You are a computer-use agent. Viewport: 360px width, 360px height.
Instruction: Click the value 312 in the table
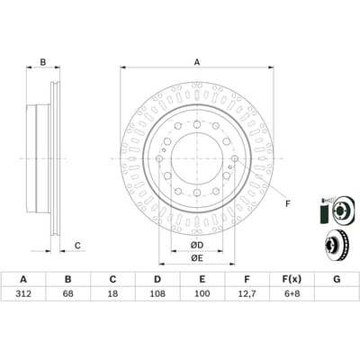(x=23, y=293)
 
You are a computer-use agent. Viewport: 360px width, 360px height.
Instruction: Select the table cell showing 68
(x=68, y=293)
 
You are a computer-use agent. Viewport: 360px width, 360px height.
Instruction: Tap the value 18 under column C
(x=112, y=293)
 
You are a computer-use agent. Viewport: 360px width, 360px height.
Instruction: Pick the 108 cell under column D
(x=157, y=293)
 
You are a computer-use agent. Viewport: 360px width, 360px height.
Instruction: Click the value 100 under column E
(x=202, y=293)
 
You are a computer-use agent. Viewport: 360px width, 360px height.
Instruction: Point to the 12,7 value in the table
(x=247, y=293)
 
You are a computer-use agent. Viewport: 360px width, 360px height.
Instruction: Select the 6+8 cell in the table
(x=292, y=293)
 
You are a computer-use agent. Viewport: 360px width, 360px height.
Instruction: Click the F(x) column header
(x=292, y=280)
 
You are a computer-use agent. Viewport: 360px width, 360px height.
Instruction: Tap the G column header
(x=337, y=280)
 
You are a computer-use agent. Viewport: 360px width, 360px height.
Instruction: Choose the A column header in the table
(x=23, y=280)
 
